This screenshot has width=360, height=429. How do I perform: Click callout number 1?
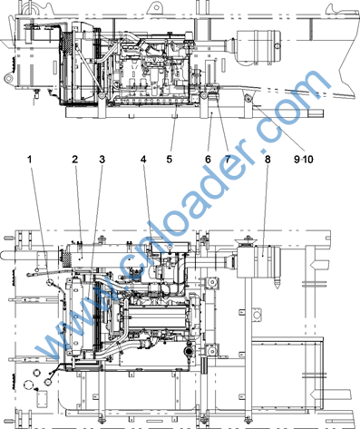coord(30,159)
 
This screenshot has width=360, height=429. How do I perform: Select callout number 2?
coord(75,159)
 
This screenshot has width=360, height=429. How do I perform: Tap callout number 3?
coord(102,159)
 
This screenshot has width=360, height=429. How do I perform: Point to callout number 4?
coord(143,159)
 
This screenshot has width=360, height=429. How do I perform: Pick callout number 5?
coord(170,159)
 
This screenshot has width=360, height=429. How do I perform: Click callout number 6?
coord(208,159)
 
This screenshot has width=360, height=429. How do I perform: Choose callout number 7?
coord(227,159)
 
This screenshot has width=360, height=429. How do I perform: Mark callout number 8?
coord(268,159)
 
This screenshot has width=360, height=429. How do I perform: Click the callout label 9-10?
coord(303,159)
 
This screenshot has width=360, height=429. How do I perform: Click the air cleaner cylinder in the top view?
coord(258,47)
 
